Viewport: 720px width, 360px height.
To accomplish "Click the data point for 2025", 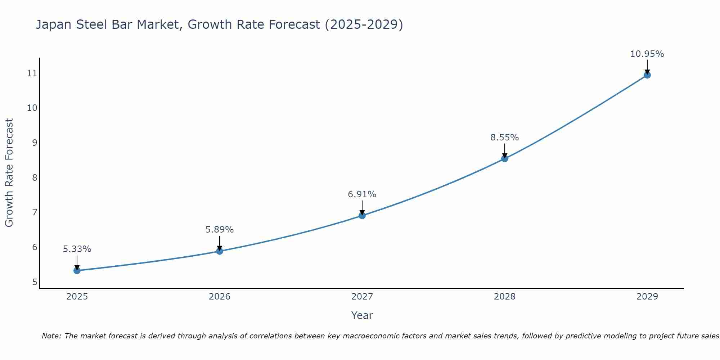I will coord(77,270).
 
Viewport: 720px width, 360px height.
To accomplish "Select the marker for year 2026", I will coord(220,251).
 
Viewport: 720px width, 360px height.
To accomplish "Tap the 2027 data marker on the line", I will coord(362,216).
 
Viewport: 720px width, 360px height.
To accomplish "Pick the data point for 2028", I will coord(505,158).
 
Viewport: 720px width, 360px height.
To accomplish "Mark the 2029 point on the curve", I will coord(647,75).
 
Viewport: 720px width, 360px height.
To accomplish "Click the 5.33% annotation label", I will coord(77,249).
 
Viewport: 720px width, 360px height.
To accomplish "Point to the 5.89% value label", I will coord(220,230).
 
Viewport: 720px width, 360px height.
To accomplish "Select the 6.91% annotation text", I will coord(362,194).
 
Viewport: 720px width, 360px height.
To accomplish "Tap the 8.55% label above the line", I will coord(505,138).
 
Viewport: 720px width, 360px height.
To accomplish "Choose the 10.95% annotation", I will coord(647,54).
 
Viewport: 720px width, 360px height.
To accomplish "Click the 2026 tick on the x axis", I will coord(220,297).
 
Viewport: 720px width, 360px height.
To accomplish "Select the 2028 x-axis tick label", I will coord(505,297).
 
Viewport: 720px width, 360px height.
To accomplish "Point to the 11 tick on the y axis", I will coord(32,74).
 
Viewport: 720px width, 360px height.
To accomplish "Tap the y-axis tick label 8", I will coord(35,178).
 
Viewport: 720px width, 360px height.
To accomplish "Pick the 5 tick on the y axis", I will coord(35,282).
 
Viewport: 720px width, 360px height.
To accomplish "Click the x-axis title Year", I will coord(362,315).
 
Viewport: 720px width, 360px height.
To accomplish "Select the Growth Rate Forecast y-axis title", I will coord(9,173).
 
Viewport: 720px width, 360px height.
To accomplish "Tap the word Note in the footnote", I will coord(51,336).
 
